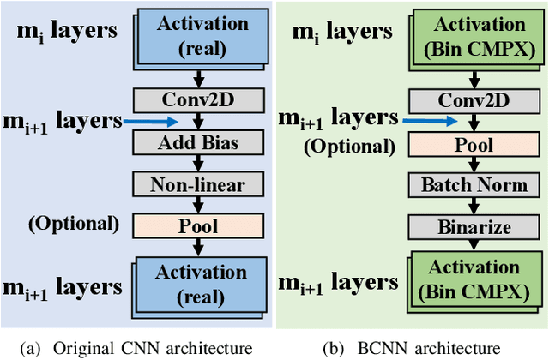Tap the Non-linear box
pyautogui.click(x=197, y=183)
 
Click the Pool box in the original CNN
pyautogui.click(x=197, y=225)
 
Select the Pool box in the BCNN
pyautogui.click(x=474, y=144)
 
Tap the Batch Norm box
pyautogui.click(x=474, y=185)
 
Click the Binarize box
pyautogui.click(x=474, y=227)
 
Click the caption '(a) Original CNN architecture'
pyautogui.click(x=138, y=347)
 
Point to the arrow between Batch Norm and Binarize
pyautogui.click(x=474, y=206)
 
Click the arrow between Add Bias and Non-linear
pyautogui.click(x=197, y=163)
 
